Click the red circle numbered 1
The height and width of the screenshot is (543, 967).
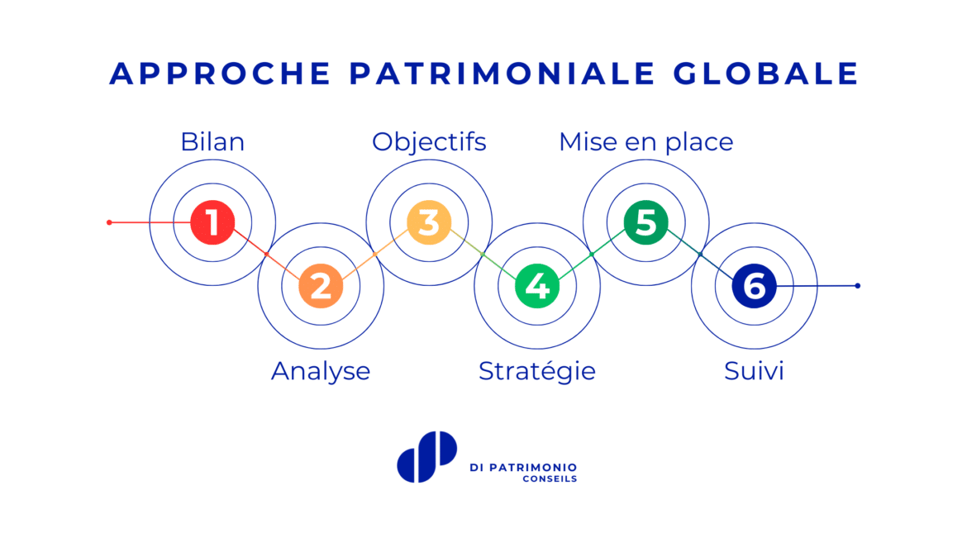[212, 222]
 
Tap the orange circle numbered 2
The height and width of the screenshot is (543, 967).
[321, 286]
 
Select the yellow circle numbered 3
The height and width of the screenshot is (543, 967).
[429, 222]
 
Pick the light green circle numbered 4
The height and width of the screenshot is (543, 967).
[537, 286]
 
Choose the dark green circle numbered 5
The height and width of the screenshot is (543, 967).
[645, 222]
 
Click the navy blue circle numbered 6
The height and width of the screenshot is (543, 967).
[755, 286]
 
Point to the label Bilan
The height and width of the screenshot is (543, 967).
[212, 142]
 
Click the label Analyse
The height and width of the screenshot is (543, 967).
[321, 371]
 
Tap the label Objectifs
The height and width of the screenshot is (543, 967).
[429, 142]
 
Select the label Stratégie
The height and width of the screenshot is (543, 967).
[537, 371]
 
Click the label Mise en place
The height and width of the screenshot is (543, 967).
[646, 142]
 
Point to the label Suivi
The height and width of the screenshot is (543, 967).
[755, 371]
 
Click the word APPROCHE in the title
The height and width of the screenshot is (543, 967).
[221, 74]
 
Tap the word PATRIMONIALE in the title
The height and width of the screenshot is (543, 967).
[502, 74]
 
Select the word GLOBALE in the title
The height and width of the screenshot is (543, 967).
[766, 74]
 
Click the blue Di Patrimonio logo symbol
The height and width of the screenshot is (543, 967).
[426, 456]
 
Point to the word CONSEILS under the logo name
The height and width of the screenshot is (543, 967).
[550, 479]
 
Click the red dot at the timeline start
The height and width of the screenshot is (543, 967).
[109, 222]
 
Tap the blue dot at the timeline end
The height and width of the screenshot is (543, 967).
[858, 286]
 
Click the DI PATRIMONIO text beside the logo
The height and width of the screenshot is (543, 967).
[524, 468]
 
